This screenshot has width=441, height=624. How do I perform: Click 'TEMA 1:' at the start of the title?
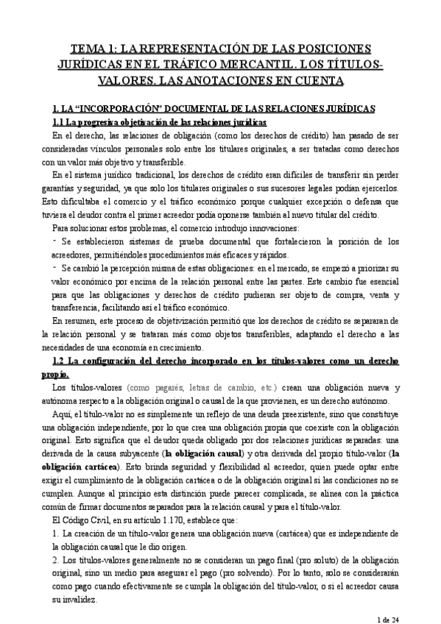coord(93,49)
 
